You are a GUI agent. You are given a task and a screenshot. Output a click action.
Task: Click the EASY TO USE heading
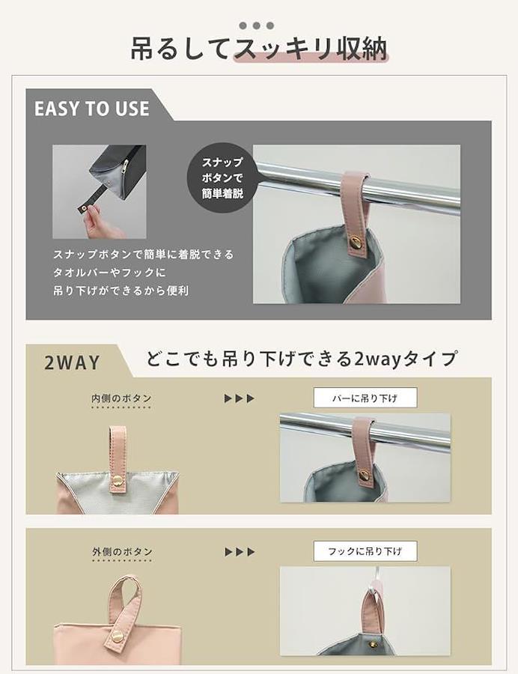click(92, 109)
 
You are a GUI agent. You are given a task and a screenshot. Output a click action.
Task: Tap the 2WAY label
click(72, 362)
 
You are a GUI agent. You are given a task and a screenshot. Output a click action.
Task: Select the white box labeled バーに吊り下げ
click(365, 398)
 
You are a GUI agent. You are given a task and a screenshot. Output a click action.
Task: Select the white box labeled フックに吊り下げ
click(365, 551)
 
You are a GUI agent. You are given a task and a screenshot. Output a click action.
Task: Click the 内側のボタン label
click(121, 398)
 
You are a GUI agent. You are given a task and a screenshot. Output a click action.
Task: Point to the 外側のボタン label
click(123, 552)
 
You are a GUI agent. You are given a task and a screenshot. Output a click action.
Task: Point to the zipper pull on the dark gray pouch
click(125, 166)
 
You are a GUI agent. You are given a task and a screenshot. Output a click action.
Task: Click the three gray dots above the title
click(257, 25)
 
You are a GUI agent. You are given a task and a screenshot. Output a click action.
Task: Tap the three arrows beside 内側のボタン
click(240, 398)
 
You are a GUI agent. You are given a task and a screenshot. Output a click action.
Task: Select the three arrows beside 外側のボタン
click(240, 552)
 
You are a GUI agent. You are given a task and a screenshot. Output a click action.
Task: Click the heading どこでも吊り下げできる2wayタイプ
click(301, 359)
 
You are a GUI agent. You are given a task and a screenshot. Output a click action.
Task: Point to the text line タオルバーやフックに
click(109, 273)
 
